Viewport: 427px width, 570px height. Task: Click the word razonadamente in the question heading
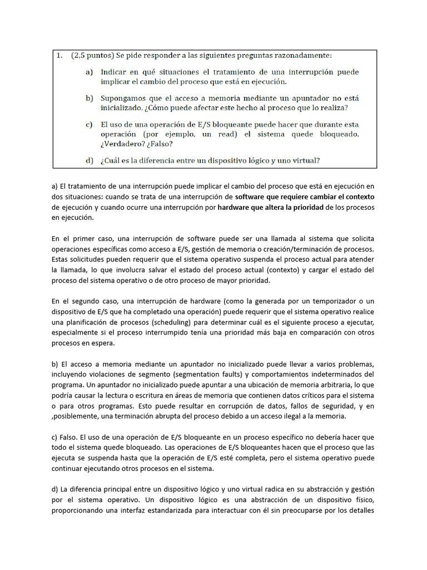point(304,55)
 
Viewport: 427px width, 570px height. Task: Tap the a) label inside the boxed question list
point(90,72)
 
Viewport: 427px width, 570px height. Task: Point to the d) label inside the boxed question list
point(90,161)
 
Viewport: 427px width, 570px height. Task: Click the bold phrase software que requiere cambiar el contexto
point(305,197)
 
